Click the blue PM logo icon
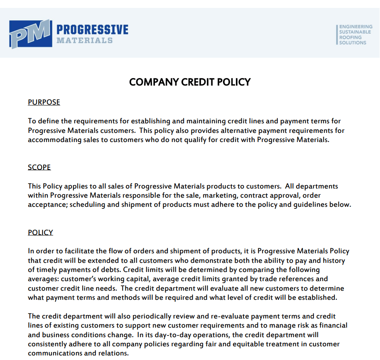coord(31,34)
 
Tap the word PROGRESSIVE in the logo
coord(92,30)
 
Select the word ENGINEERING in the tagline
coord(355,27)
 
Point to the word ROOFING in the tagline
coord(350,37)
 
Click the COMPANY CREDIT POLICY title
coord(190,82)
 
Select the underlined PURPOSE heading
coord(44,102)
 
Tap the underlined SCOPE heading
coord(39,167)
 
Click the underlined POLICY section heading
coord(40,233)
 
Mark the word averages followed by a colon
coord(43,279)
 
